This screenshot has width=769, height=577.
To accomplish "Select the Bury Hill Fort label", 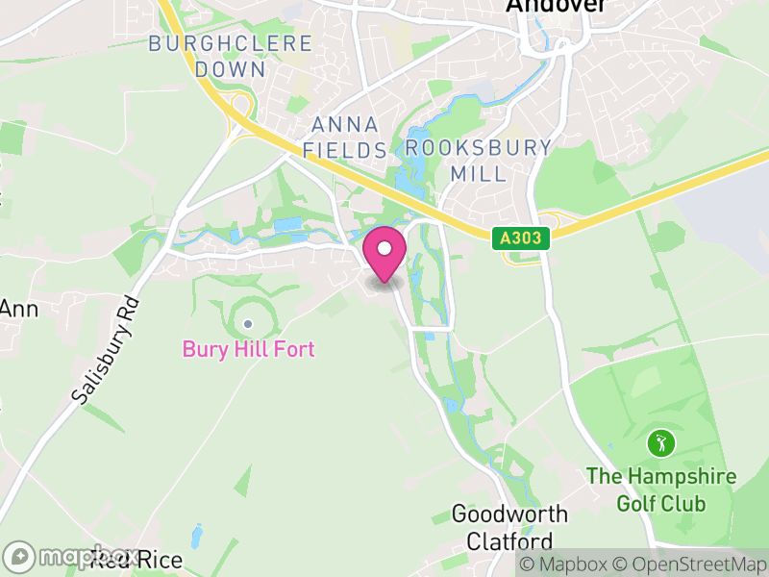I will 248,349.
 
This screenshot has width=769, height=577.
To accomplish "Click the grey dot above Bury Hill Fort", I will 248,324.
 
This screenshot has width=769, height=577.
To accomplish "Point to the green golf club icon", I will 660,443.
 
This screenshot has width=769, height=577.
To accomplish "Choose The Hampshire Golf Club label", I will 661,489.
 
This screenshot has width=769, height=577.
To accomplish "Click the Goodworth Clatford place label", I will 509,527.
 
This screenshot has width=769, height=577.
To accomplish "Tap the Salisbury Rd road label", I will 106,350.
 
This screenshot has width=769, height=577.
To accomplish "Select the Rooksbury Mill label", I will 479,161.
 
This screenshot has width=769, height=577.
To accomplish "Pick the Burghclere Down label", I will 231,56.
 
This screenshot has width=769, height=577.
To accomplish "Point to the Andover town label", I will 557,6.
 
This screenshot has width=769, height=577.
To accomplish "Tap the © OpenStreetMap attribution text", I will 688,564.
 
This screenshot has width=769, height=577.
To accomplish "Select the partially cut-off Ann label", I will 16,309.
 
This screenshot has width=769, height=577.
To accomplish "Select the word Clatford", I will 509,540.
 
